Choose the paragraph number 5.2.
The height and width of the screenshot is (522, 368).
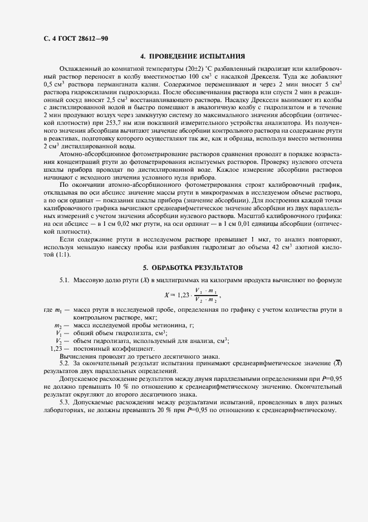[x=63, y=363]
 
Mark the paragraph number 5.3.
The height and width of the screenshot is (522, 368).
[x=63, y=402]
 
